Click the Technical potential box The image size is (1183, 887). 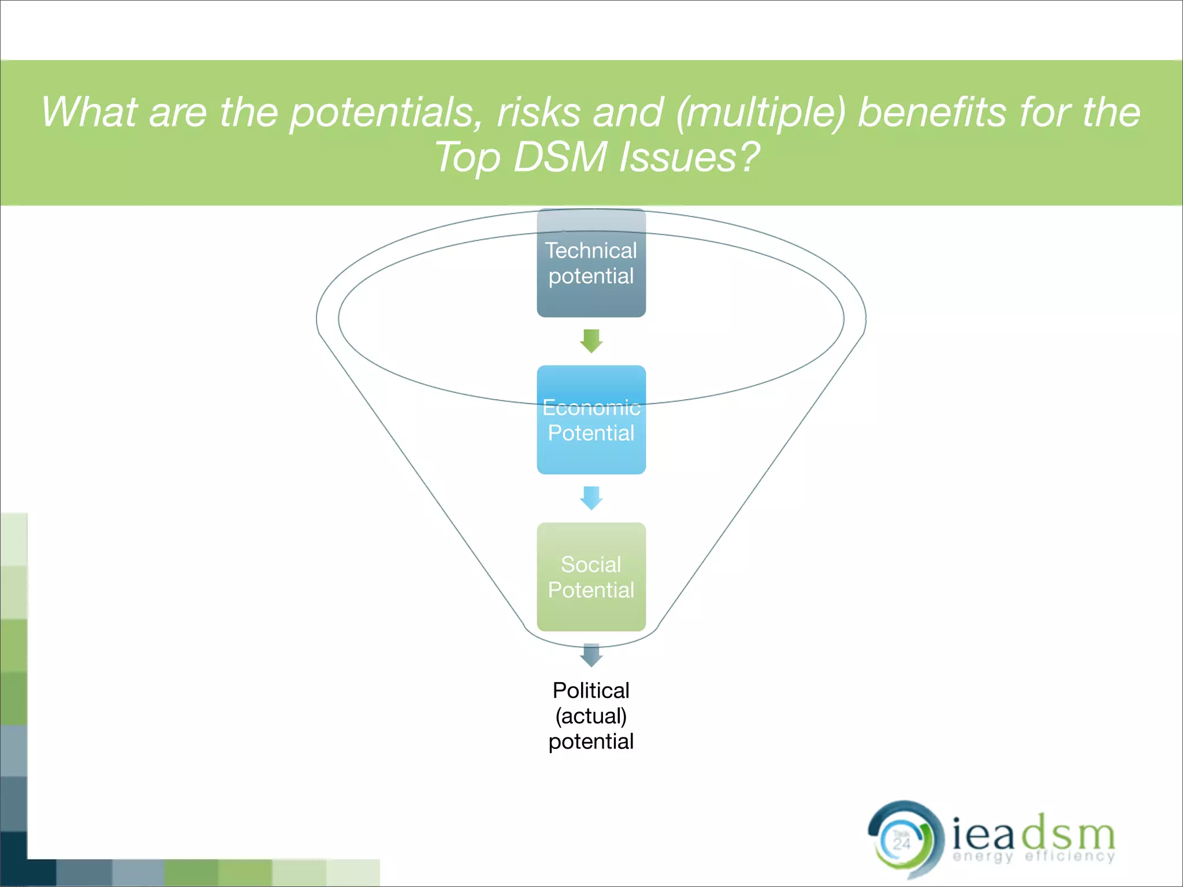pyautogui.click(x=591, y=263)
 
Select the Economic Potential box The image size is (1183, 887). pyautogui.click(x=591, y=420)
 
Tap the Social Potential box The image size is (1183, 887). pyautogui.click(x=591, y=577)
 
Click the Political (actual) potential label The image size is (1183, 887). pyautogui.click(x=591, y=715)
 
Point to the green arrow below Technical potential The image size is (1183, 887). pyautogui.click(x=591, y=341)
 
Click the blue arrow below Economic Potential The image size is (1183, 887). pyautogui.click(x=591, y=498)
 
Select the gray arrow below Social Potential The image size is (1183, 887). pyautogui.click(x=591, y=655)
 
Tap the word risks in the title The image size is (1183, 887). pyautogui.click(x=538, y=112)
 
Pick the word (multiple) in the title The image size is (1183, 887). pyautogui.click(x=761, y=112)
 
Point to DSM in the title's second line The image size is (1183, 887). pyautogui.click(x=559, y=157)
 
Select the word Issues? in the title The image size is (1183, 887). pyautogui.click(x=689, y=157)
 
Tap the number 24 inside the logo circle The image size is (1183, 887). pyautogui.click(x=901, y=844)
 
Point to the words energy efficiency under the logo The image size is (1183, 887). pyautogui.click(x=1033, y=856)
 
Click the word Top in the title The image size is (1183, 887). pyautogui.click(x=467, y=157)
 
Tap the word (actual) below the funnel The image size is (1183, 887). pyautogui.click(x=591, y=716)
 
